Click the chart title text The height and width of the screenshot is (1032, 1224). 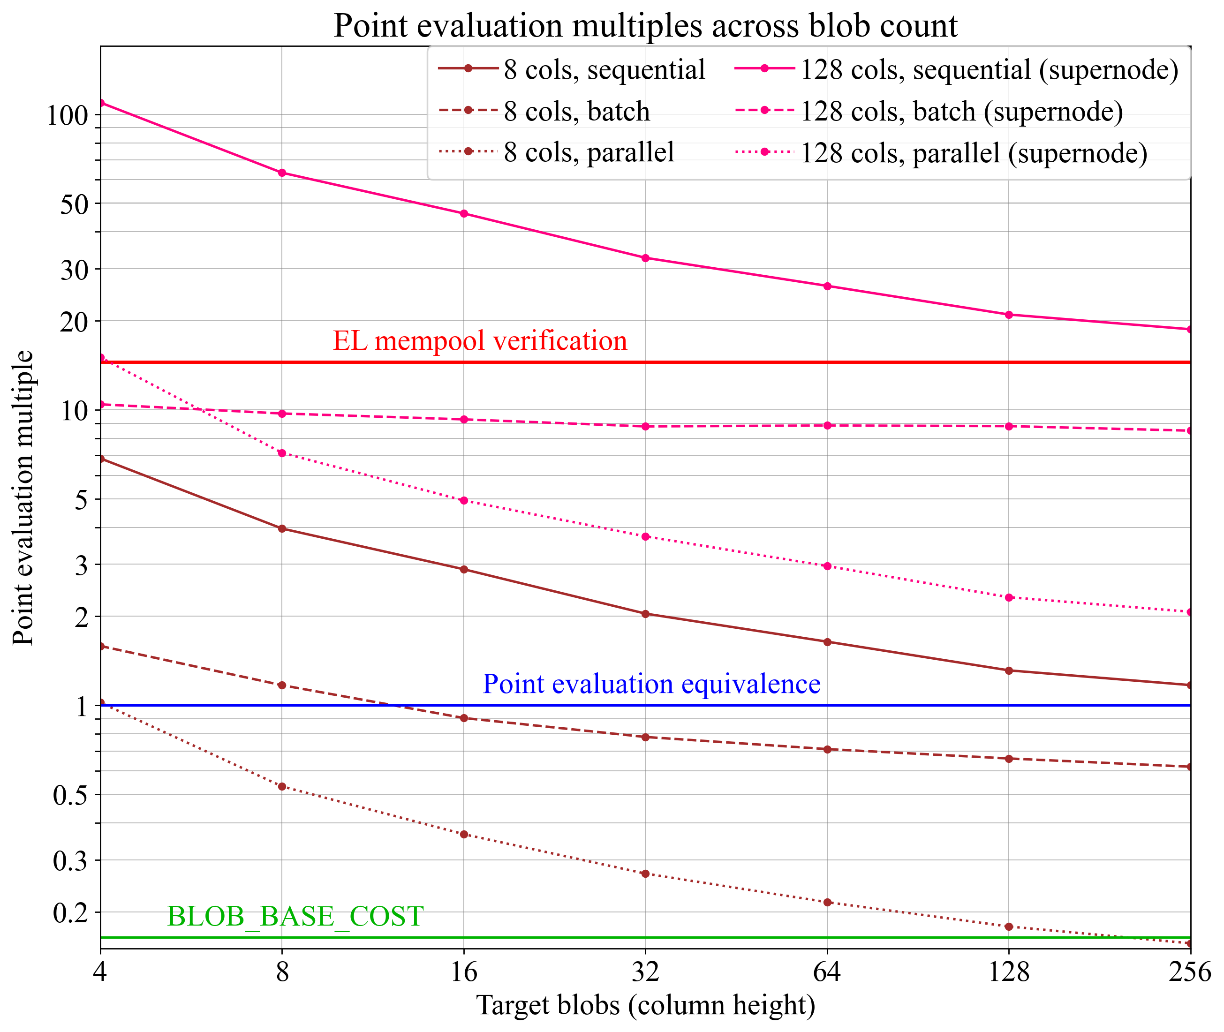tap(645, 26)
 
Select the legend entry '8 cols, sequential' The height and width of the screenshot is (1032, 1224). tap(604, 69)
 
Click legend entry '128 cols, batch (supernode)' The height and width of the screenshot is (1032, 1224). tap(961, 111)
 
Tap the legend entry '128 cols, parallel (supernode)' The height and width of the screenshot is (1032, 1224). tap(974, 153)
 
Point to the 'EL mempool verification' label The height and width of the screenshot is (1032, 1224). tap(480, 341)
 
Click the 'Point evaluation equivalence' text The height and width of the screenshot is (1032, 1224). tap(651, 684)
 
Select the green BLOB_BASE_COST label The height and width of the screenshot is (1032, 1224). tap(295, 916)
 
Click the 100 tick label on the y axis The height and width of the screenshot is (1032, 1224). tap(67, 116)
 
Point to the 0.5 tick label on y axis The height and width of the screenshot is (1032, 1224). tap(70, 796)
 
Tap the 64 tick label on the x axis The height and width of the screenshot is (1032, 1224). tap(827, 972)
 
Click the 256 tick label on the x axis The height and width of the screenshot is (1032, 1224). tap(1189, 972)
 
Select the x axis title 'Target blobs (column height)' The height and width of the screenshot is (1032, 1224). tap(645, 1005)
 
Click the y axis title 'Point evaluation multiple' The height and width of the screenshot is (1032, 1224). tap(23, 498)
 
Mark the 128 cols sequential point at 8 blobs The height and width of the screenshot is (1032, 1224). tap(282, 173)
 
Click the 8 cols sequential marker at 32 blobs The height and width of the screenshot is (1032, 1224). tap(645, 614)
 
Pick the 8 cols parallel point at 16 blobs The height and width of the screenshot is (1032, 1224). tap(464, 834)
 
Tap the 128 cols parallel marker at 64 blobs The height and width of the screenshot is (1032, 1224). tap(827, 566)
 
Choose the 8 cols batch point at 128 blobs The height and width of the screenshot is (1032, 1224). tap(1009, 759)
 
